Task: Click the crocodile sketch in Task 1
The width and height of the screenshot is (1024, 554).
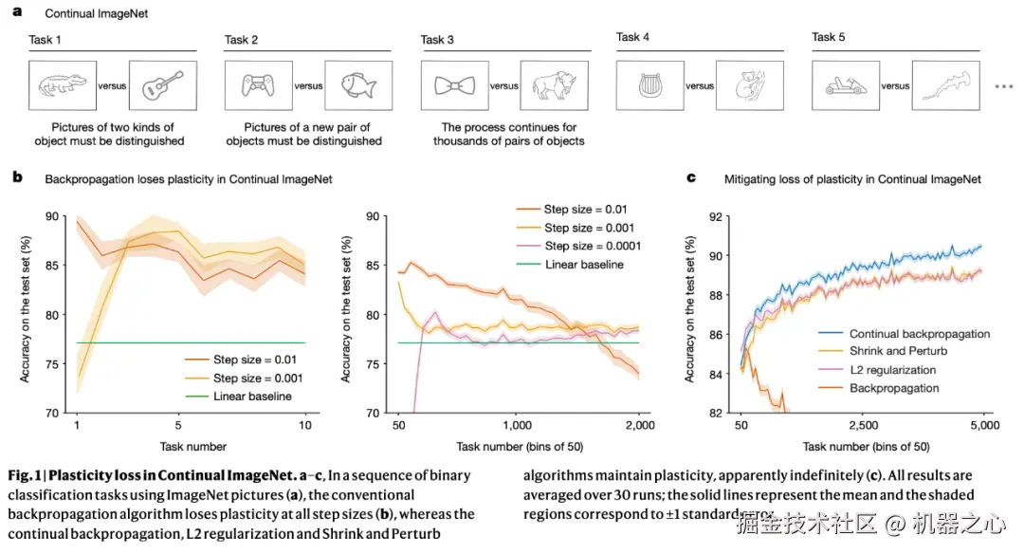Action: click(x=61, y=86)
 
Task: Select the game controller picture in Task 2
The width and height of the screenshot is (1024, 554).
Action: click(x=258, y=86)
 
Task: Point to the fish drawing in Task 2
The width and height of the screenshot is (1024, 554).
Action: click(x=357, y=86)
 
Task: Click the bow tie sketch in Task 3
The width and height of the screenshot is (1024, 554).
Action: click(x=454, y=86)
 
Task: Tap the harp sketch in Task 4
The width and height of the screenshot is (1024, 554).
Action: click(x=649, y=86)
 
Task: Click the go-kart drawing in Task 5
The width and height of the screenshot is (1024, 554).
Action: click(x=845, y=86)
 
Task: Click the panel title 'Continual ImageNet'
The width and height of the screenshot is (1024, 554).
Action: click(x=82, y=14)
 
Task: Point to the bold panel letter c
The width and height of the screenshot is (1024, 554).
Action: click(x=691, y=177)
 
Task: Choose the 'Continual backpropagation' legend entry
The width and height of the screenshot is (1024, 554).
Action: click(x=919, y=334)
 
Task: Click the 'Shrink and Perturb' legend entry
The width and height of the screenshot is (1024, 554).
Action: click(x=897, y=352)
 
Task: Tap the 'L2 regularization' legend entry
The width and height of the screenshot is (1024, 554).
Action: click(x=892, y=370)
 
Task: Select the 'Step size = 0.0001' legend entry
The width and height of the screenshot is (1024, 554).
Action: click(x=593, y=246)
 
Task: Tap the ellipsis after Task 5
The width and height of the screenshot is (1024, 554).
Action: click(x=1003, y=86)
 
